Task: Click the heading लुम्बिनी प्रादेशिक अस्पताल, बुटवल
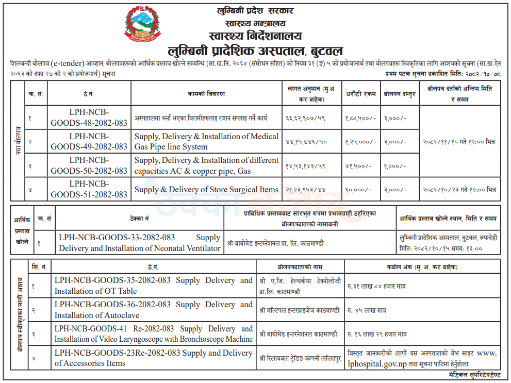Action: pyautogui.click(x=255, y=51)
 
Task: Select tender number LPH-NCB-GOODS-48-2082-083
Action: pyautogui.click(x=89, y=118)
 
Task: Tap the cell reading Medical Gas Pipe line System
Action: pyautogui.click(x=206, y=141)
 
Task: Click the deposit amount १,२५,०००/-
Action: pyautogui.click(x=360, y=141)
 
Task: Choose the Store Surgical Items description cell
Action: pyautogui.click(x=206, y=189)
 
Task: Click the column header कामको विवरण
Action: pyautogui.click(x=206, y=94)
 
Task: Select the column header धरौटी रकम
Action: pyautogui.click(x=360, y=94)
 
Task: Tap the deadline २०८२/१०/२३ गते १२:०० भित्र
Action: pyautogui.click(x=459, y=190)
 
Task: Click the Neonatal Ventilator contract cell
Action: pyautogui.click(x=139, y=243)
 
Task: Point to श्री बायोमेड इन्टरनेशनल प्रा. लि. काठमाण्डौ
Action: pyautogui.click(x=276, y=243)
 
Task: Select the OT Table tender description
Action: pyautogui.click(x=153, y=286)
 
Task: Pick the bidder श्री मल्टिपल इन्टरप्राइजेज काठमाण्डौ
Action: pyautogui.click(x=300, y=310)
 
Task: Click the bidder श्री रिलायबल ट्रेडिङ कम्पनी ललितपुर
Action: pyautogui.click(x=300, y=358)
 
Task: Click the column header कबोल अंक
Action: pyautogui.click(x=422, y=267)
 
